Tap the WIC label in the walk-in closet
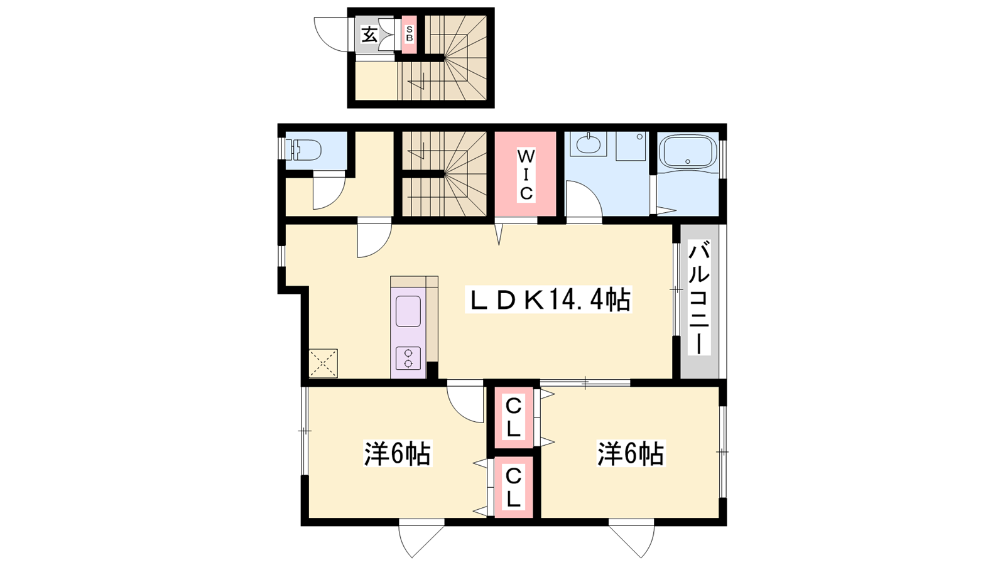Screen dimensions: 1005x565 click(526, 175)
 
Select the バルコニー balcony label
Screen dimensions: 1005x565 click(699, 298)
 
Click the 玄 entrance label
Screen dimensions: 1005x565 click(369, 35)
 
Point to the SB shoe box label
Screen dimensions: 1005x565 click(409, 35)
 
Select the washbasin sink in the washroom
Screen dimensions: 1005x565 click(589, 144)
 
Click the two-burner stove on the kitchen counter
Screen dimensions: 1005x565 click(408, 358)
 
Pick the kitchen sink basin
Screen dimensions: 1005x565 click(408, 311)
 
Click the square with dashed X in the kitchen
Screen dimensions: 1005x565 click(323, 363)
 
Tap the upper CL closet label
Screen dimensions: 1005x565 click(513, 419)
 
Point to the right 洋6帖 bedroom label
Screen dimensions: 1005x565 click(630, 454)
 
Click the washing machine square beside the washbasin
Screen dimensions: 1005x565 click(631, 146)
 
